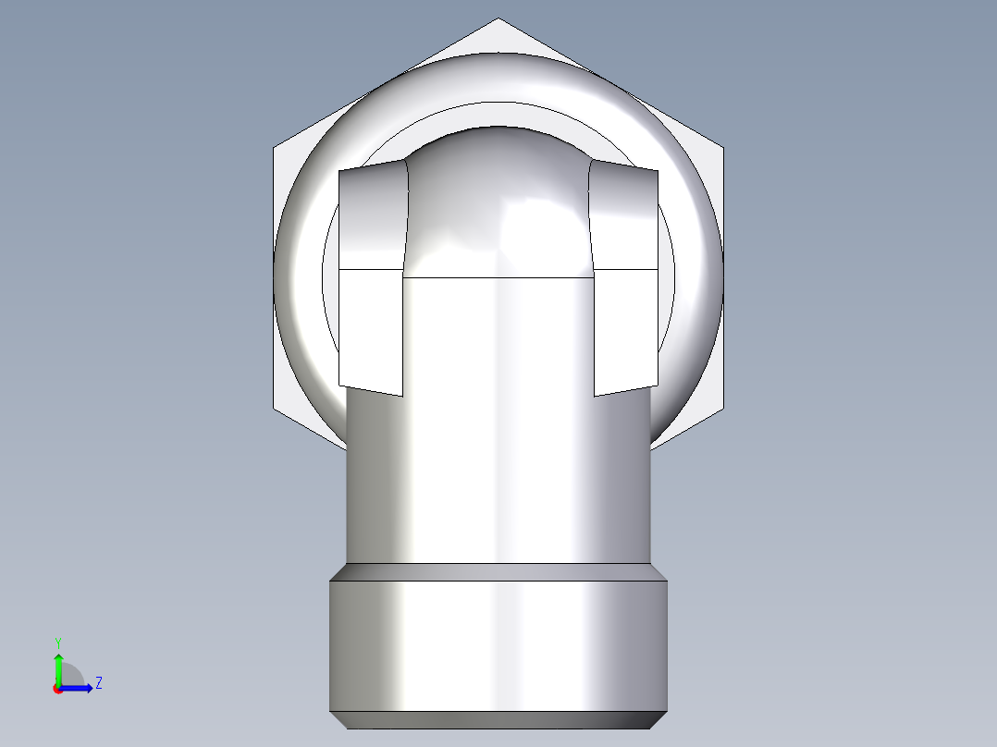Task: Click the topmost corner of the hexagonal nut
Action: (498, 18)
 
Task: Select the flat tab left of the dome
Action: (371, 277)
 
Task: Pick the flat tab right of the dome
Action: (625, 277)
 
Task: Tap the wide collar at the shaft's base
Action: (498, 647)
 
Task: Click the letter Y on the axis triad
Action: (58, 641)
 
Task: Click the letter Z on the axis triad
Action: (98, 683)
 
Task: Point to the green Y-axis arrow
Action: (58, 666)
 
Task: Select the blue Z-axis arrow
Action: (79, 687)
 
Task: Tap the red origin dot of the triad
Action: (58, 689)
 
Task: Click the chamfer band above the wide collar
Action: (498, 571)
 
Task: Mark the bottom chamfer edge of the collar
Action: (498, 720)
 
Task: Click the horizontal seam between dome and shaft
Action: (498, 277)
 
